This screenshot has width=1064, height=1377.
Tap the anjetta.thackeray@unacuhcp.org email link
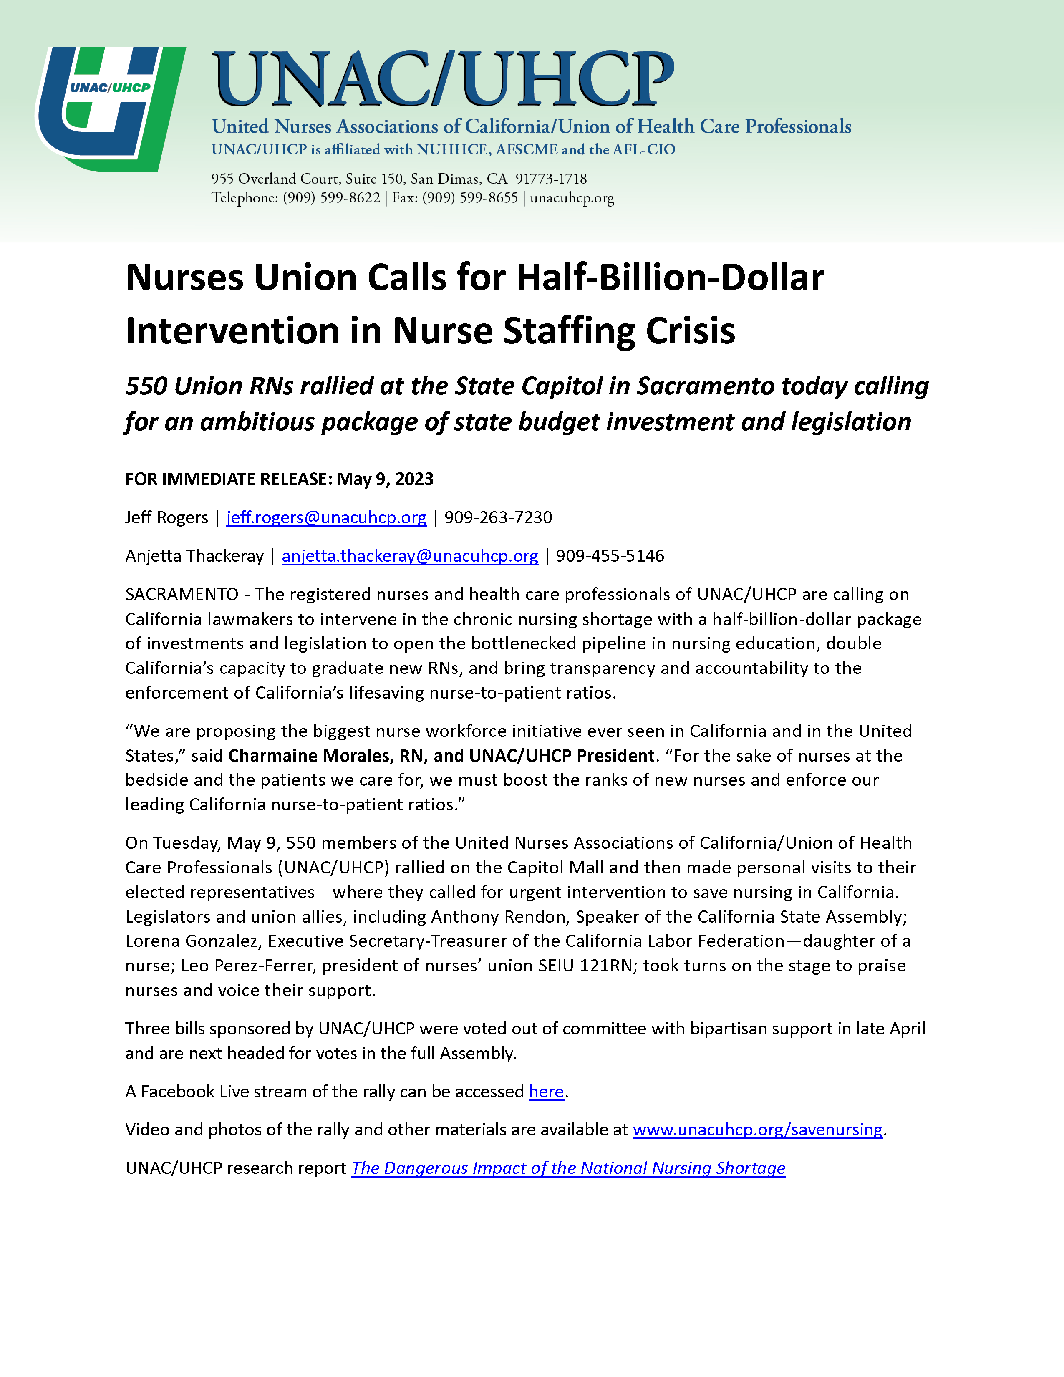pyautogui.click(x=410, y=556)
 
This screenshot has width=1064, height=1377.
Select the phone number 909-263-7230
pyautogui.click(x=498, y=518)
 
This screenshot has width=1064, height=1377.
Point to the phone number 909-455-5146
pyautogui.click(x=610, y=556)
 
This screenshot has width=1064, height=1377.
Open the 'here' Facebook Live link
pyautogui.click(x=546, y=1092)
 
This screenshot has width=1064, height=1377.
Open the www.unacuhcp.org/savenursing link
pyautogui.click(x=757, y=1129)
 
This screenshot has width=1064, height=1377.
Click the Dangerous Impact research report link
pyautogui.click(x=568, y=1168)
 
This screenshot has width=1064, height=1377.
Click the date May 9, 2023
pyautogui.click(x=385, y=479)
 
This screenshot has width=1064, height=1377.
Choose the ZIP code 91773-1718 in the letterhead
pyautogui.click(x=551, y=179)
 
